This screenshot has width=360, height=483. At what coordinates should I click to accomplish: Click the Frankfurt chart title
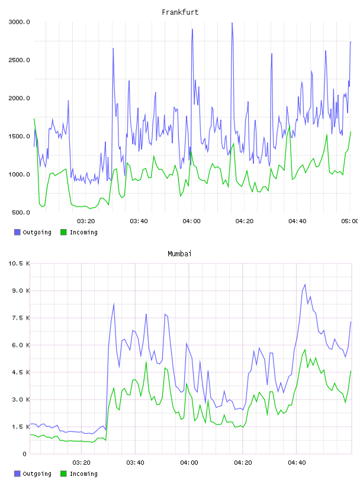pos(180,12)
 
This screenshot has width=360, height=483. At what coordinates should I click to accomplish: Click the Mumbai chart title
pos(179,253)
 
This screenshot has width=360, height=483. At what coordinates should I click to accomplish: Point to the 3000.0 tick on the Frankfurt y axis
pos(19,22)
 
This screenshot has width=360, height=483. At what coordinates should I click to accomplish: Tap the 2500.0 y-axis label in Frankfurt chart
pos(19,60)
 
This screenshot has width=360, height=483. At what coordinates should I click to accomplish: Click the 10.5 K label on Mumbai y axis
pos(19,263)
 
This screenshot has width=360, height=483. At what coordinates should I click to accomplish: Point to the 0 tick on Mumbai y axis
pos(24,454)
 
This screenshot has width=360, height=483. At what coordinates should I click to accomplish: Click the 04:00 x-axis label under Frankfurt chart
pos(191,221)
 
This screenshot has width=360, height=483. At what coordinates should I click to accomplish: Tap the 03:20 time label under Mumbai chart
pos(81,462)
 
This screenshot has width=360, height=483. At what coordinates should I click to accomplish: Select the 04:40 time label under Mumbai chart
pos(297,462)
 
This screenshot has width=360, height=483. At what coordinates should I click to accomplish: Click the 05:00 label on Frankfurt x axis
pos(349,221)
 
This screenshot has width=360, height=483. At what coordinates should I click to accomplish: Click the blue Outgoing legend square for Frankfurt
pos(17,232)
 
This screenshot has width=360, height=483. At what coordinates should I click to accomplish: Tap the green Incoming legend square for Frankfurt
pos(63,232)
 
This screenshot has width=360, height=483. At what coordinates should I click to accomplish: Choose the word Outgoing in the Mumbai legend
pos(37,474)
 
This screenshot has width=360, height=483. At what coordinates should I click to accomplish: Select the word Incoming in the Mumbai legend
pos(83,474)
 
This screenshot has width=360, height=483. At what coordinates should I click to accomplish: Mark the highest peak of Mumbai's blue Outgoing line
pos(305,284)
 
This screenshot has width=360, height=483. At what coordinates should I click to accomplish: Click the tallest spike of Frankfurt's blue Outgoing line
pos(232,23)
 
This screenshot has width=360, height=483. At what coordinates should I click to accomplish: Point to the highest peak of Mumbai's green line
pos(305,350)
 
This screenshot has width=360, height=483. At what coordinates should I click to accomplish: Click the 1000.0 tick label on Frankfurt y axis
pos(19,175)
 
